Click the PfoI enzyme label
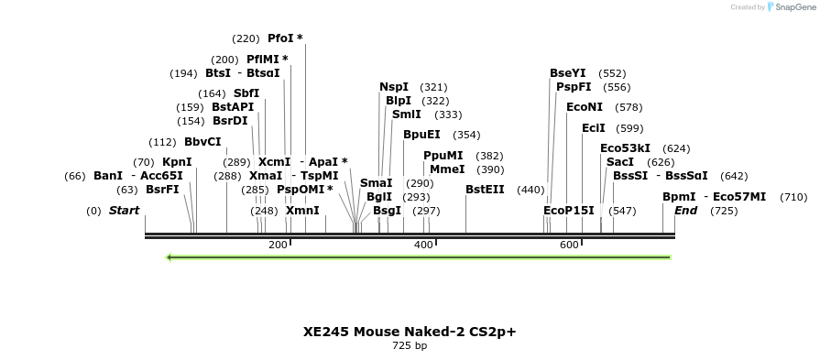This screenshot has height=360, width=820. tap(280, 38)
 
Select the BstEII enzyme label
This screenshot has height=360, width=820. tap(485, 190)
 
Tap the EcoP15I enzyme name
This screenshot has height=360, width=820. tap(569, 211)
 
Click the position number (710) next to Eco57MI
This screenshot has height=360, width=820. tap(793, 197)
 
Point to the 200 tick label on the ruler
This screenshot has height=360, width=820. tap(278, 245)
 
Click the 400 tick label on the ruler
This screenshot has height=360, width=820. tap(423, 245)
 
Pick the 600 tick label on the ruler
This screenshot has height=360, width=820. tap(568, 245)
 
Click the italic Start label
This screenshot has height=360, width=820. tap(125, 211)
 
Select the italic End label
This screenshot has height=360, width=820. tap(686, 211)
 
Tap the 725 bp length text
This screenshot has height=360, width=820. tap(410, 346)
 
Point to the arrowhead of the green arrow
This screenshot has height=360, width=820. tap(170, 257)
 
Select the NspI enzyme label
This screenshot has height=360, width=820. tap(394, 87)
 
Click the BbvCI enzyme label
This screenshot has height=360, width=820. tap(202, 142)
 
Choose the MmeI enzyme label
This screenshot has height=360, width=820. tap(447, 169)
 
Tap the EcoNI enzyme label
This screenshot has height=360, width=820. tap(585, 107)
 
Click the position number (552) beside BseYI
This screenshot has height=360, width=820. tap(612, 73)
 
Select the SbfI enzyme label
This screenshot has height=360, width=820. tap(246, 93)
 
